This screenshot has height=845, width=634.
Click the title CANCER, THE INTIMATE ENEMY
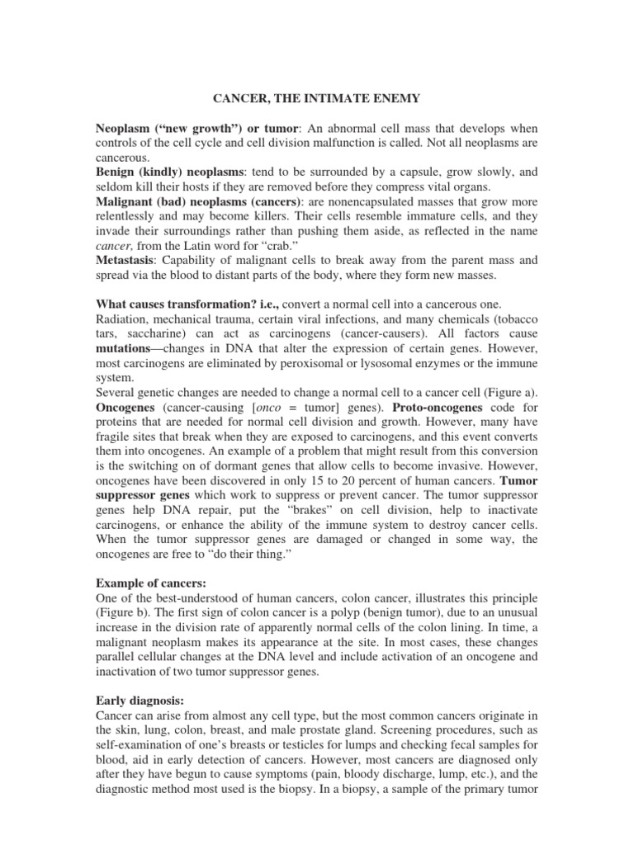pos(317,99)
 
